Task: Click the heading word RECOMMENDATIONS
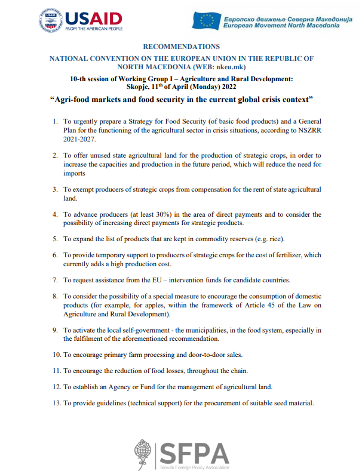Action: click(182, 47)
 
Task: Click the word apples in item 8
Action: click(159, 306)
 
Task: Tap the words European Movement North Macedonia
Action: click(287, 26)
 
